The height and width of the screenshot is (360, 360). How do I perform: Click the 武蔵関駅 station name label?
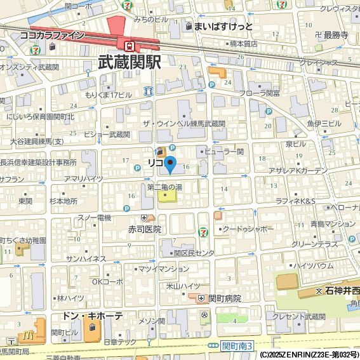click(130, 62)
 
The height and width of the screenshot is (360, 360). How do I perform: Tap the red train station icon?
click(130, 46)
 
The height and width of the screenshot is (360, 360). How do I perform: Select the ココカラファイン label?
click(52, 36)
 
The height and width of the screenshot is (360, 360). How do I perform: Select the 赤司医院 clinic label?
click(144, 229)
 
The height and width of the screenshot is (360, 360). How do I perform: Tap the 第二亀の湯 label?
click(164, 187)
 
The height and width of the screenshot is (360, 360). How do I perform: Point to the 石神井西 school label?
click(342, 291)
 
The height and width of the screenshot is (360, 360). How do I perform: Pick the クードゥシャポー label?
click(248, 229)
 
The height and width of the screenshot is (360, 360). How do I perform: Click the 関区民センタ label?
click(194, 253)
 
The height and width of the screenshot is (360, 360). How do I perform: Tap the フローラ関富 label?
click(259, 93)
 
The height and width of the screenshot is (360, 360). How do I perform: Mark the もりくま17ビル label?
click(109, 95)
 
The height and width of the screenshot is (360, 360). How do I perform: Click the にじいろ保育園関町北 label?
click(40, 117)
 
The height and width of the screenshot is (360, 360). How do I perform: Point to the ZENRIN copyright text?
click(309, 354)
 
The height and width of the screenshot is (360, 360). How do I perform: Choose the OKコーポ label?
click(108, 281)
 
